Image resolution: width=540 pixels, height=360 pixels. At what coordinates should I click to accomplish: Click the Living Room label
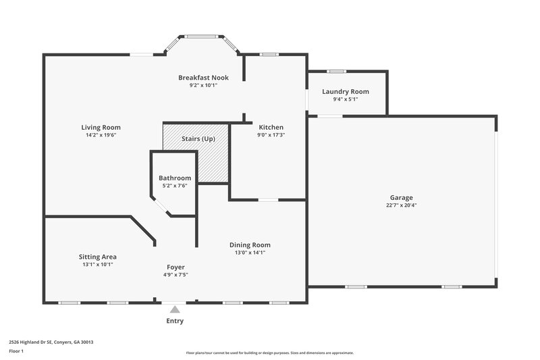pos(101,127)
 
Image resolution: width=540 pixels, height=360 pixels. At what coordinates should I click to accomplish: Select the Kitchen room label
pos(271,127)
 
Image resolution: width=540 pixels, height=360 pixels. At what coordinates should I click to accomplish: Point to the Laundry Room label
pos(346,91)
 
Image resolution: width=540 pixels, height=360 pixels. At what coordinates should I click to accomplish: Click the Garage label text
pos(401,197)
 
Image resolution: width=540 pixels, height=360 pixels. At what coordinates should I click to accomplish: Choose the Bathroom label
pos(175,178)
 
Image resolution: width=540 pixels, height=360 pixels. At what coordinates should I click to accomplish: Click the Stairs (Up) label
pos(198,139)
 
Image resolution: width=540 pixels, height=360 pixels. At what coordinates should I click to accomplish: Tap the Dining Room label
pos(250,245)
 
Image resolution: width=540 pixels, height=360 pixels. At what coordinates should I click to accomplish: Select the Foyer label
pos(175,267)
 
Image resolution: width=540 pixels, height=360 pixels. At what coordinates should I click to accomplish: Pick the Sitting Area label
pos(98,257)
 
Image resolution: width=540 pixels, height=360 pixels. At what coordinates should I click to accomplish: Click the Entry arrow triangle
pos(175,309)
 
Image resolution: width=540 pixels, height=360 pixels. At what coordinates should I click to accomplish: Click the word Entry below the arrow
pos(175,321)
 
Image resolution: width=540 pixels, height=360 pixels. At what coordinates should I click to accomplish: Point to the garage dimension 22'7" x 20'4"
pos(401,205)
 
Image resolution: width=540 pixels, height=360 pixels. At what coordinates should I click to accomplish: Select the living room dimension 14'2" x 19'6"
pos(101,135)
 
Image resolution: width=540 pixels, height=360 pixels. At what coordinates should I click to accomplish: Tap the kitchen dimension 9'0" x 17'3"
pos(271,135)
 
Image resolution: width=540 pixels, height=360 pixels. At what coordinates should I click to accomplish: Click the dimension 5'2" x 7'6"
pos(175,186)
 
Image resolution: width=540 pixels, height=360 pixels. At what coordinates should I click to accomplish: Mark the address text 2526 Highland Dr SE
pos(51,342)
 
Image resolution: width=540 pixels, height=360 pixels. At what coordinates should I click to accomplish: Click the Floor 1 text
pos(17,351)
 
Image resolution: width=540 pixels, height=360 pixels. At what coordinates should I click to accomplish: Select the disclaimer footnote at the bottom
pos(270,353)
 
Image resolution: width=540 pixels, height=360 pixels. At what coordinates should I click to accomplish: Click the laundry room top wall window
pos(336,71)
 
